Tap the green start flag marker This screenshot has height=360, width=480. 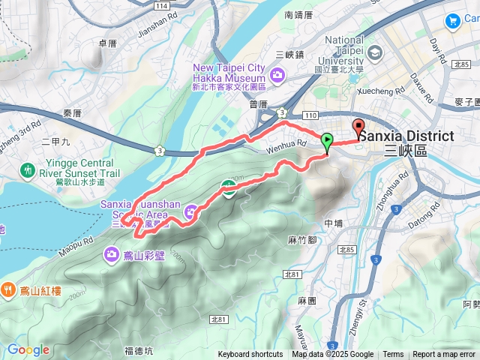pyautogui.click(x=327, y=140)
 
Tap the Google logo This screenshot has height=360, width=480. pyautogui.click(x=28, y=349)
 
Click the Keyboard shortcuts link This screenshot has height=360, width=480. pyautogui.click(x=250, y=355)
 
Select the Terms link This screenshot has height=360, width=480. pyautogui.click(x=393, y=355)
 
